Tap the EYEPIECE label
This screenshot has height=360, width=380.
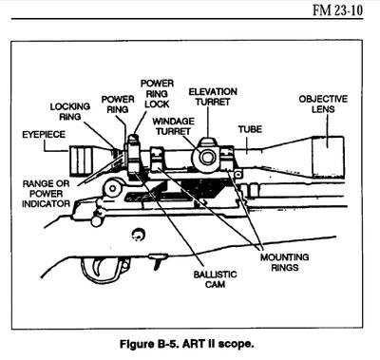coord(41,136)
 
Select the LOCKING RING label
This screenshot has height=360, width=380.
coord(69,112)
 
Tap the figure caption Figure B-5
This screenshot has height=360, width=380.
coord(189,338)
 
